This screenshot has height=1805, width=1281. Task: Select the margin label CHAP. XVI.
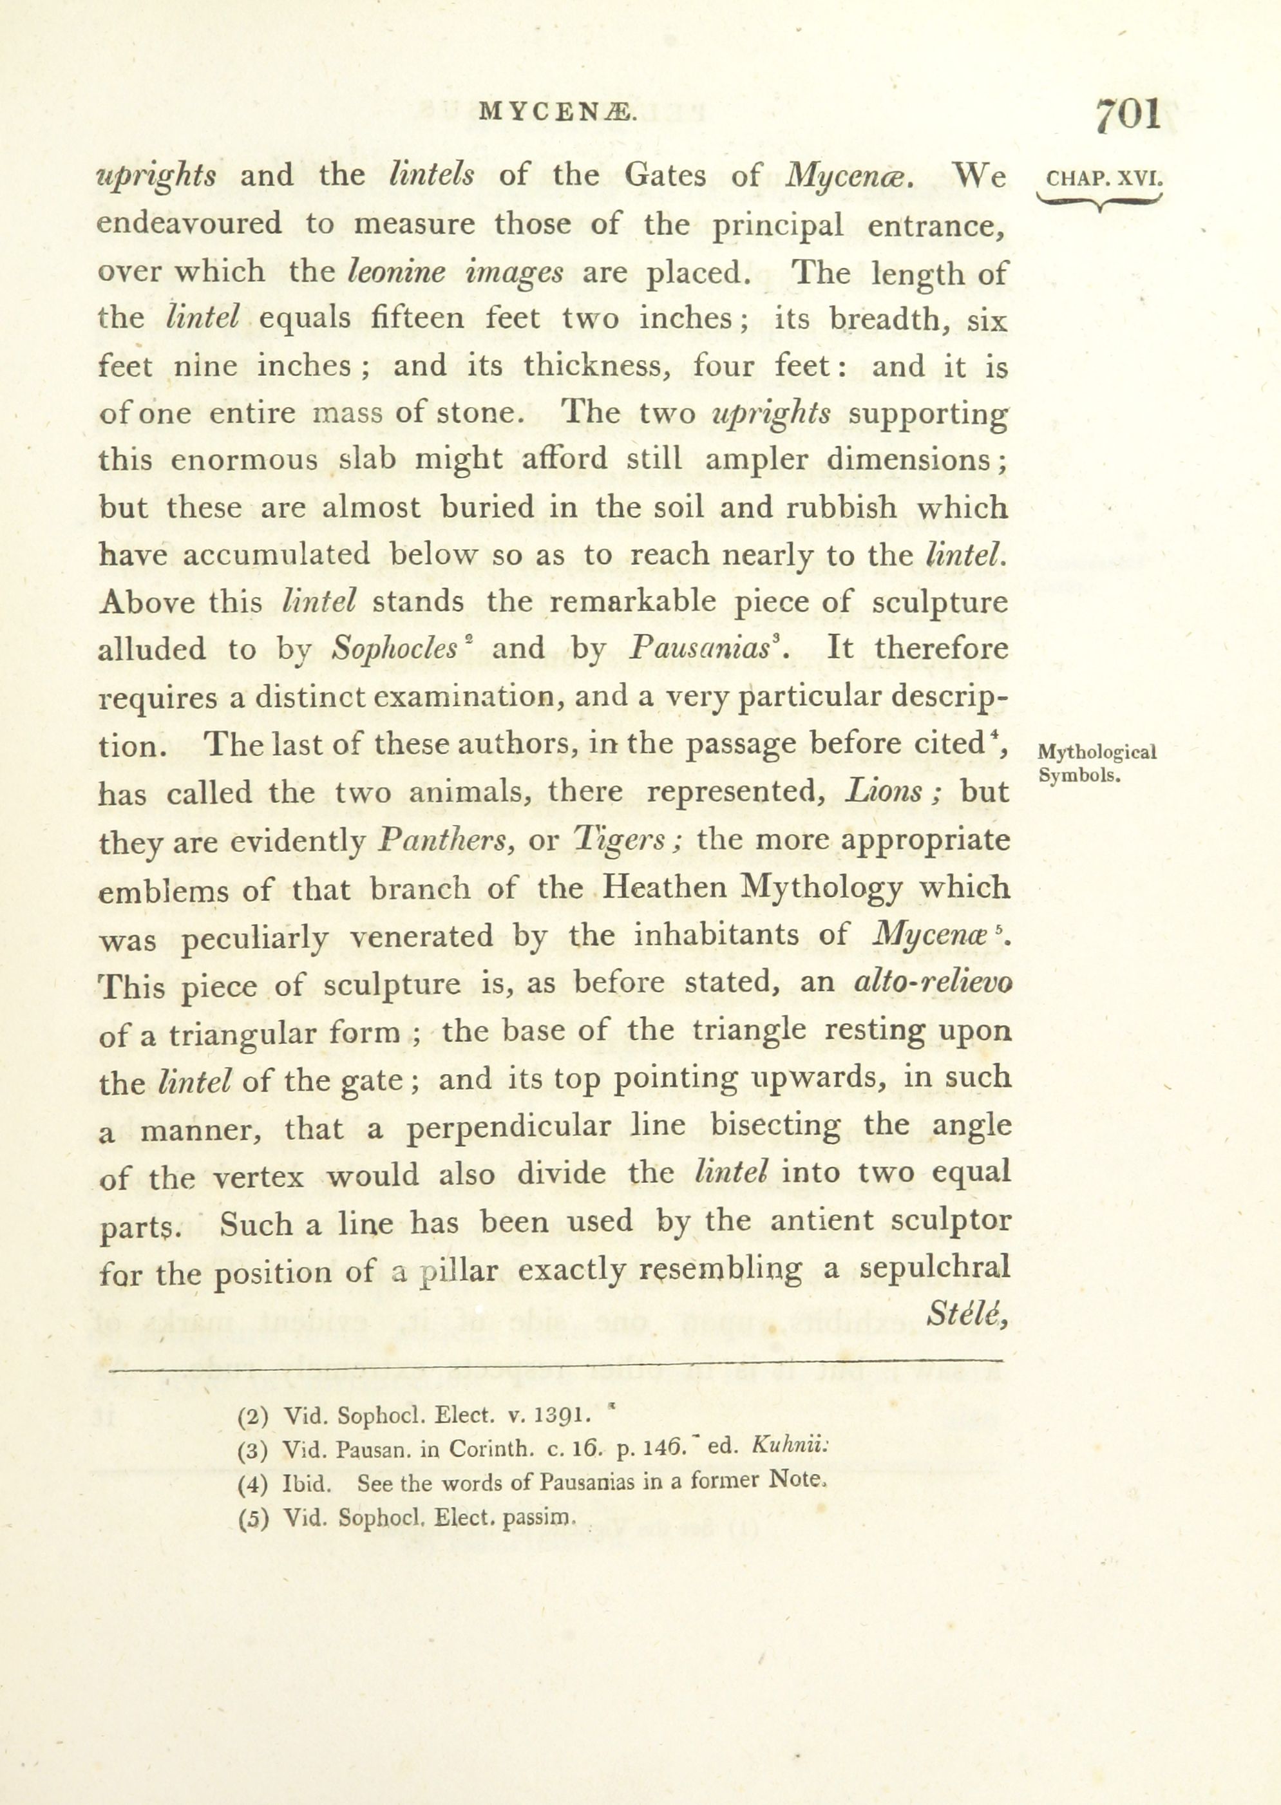[1103, 178]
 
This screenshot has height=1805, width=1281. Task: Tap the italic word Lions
[884, 791]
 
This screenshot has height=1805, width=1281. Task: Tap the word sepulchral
[935, 1268]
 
